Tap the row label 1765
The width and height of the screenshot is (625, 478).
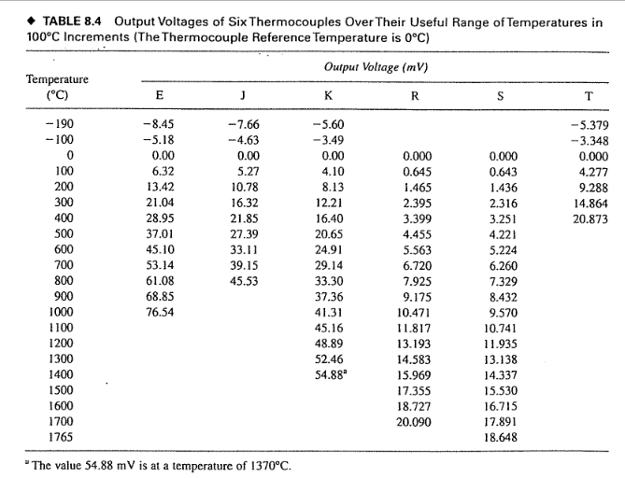pyautogui.click(x=61, y=437)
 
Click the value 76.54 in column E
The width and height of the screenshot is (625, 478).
pyautogui.click(x=159, y=312)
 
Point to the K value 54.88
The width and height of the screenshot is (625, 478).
pyautogui.click(x=327, y=374)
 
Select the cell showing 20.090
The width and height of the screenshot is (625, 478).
pyautogui.click(x=415, y=421)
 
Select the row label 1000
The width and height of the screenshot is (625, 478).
pyautogui.click(x=61, y=312)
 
